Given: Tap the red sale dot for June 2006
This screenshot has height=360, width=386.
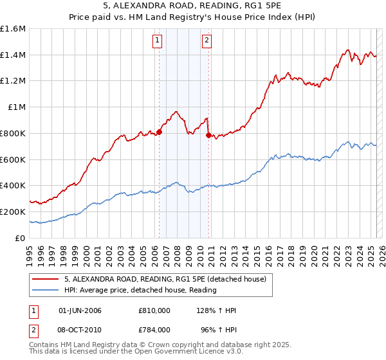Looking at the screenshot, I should pos(160,132).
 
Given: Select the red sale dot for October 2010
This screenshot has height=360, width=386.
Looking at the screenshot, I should pos(208,136).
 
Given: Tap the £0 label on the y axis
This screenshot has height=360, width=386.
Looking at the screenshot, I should pos(21,238).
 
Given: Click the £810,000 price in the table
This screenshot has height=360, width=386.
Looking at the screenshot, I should pos(154,310).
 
